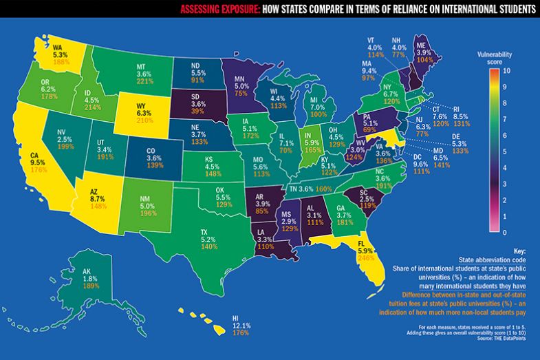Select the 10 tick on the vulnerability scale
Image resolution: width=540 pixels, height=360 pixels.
[x=506, y=71]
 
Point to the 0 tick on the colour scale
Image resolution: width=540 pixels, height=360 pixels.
[x=506, y=233]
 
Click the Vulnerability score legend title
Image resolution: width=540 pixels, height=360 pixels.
[x=495, y=56]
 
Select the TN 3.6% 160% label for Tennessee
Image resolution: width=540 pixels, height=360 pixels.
[x=310, y=189]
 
